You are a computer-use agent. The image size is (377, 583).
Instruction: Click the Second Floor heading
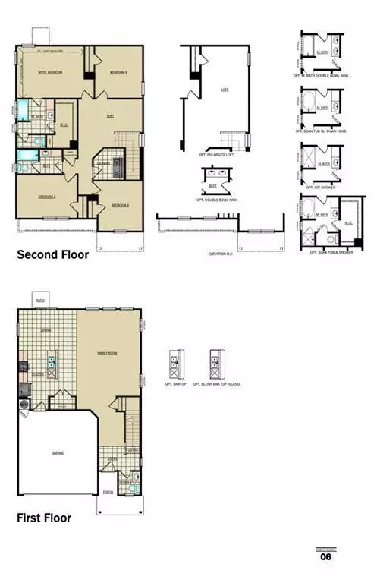tap(52, 255)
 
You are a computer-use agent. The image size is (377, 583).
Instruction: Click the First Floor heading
tap(44, 518)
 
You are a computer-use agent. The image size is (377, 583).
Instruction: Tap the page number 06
tap(325, 556)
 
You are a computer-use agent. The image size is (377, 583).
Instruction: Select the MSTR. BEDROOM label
tap(50, 72)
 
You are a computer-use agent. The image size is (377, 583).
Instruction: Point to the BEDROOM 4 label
tap(118, 72)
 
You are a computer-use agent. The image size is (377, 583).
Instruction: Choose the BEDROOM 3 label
tap(120, 205)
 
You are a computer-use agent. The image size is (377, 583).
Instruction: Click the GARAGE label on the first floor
tap(58, 452)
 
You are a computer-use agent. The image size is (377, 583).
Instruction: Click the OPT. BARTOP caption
tap(174, 384)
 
